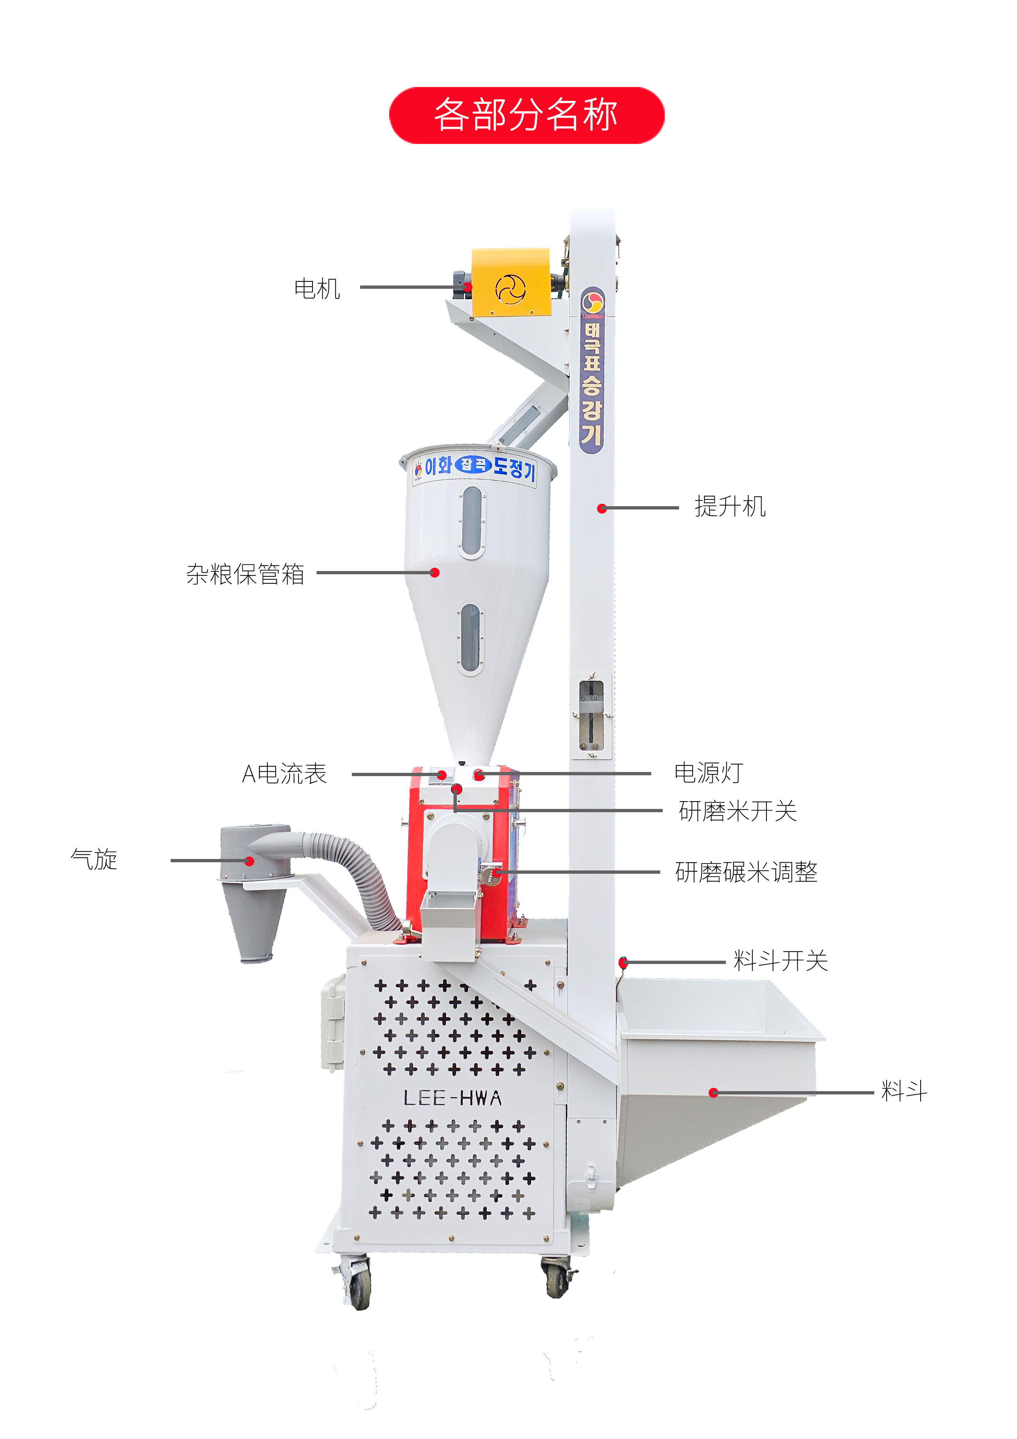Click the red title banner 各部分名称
(527, 115)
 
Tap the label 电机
(317, 289)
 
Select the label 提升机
(730, 507)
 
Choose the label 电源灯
(709, 773)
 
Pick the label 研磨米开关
(737, 811)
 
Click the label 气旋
(94, 859)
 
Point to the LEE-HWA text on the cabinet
(452, 1098)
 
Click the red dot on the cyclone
(249, 861)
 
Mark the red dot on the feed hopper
(713, 1092)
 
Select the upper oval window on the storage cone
(472, 521)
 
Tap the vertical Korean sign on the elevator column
(591, 370)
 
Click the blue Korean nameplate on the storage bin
(475, 467)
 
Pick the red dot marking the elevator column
(602, 508)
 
